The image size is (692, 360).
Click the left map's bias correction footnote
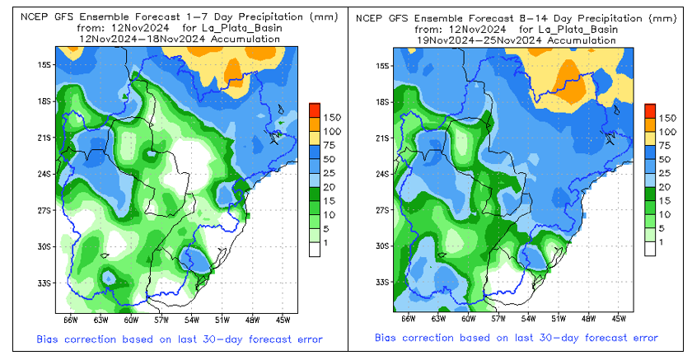coord(179,339)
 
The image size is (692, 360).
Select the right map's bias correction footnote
coord(517,338)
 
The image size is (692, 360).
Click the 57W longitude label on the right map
coord(497,319)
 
